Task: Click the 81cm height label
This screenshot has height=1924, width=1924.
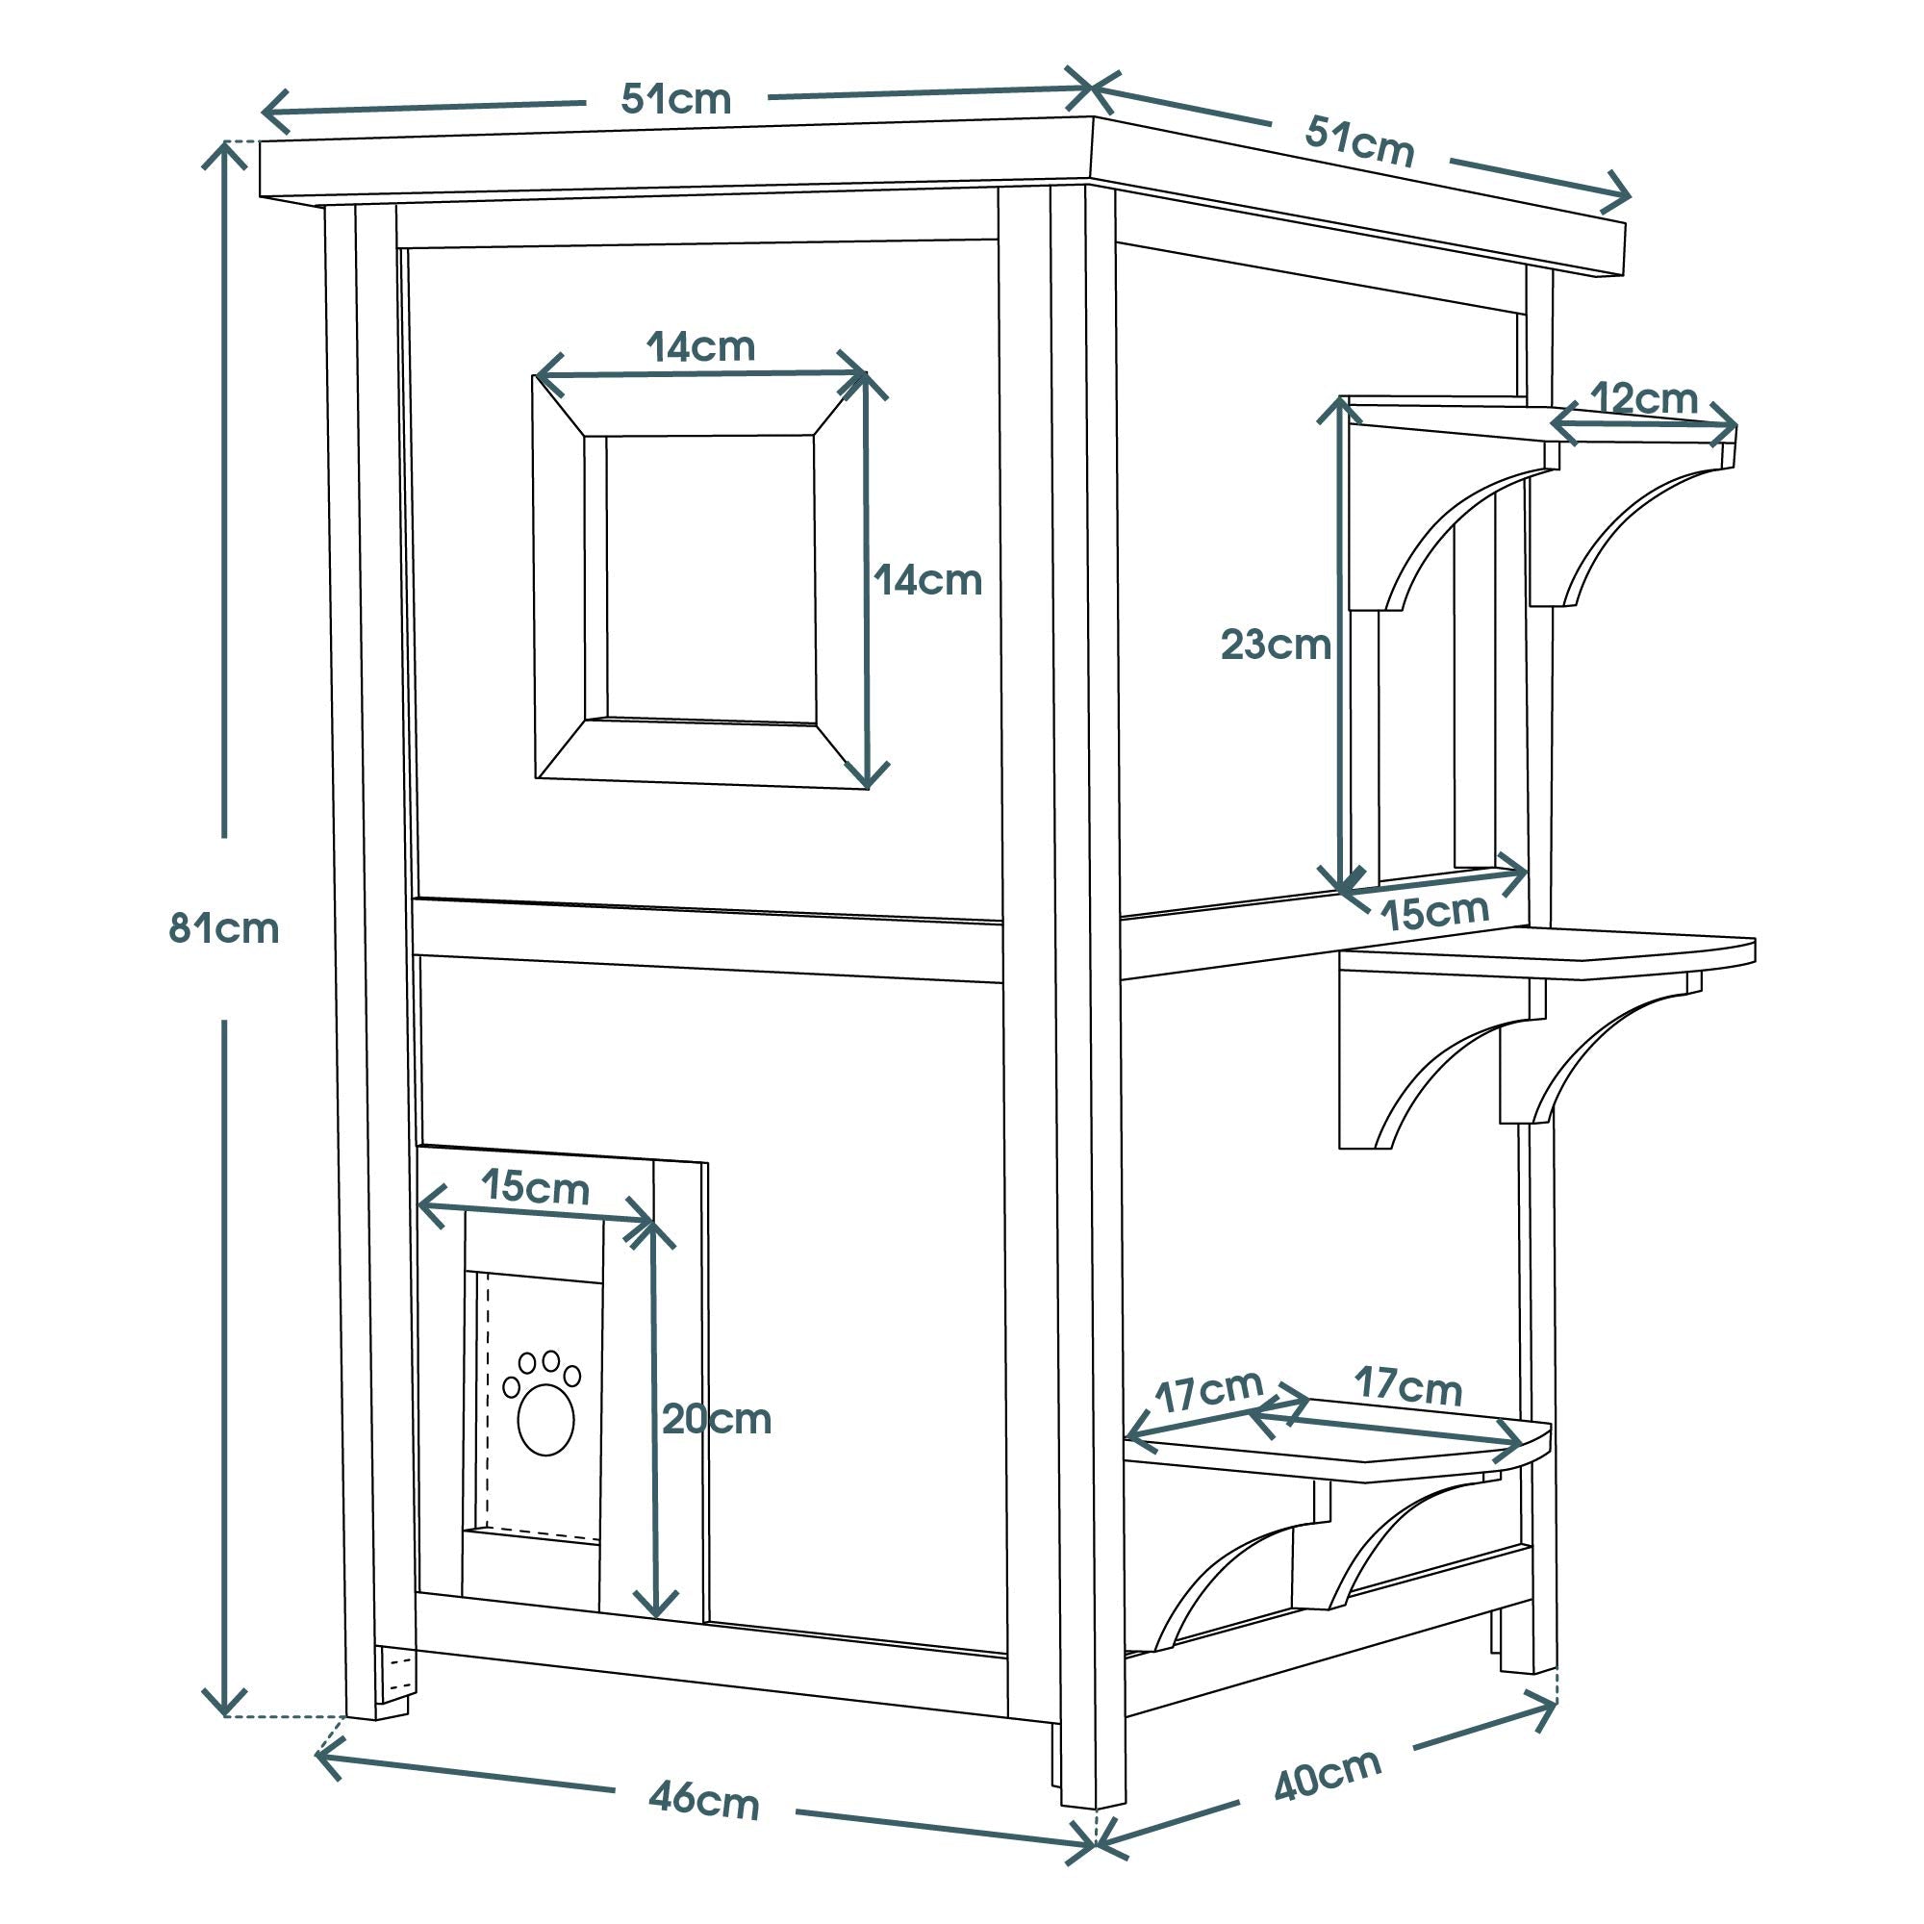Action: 223,929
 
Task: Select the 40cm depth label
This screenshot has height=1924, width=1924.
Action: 1328,1774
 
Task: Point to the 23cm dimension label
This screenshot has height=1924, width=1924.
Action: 1276,646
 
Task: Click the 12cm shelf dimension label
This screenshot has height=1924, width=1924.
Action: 1644,398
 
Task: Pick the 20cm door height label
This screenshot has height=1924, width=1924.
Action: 717,1419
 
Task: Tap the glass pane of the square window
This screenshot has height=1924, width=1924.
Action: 710,577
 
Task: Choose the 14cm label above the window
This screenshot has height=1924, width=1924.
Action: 701,347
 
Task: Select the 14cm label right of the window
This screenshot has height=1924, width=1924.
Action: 928,579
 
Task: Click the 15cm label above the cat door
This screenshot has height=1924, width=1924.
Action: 536,1187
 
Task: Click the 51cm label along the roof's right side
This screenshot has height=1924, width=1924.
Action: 1359,142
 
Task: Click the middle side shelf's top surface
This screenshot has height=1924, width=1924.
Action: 1554,954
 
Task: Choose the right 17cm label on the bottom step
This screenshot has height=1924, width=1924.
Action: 1407,1385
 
